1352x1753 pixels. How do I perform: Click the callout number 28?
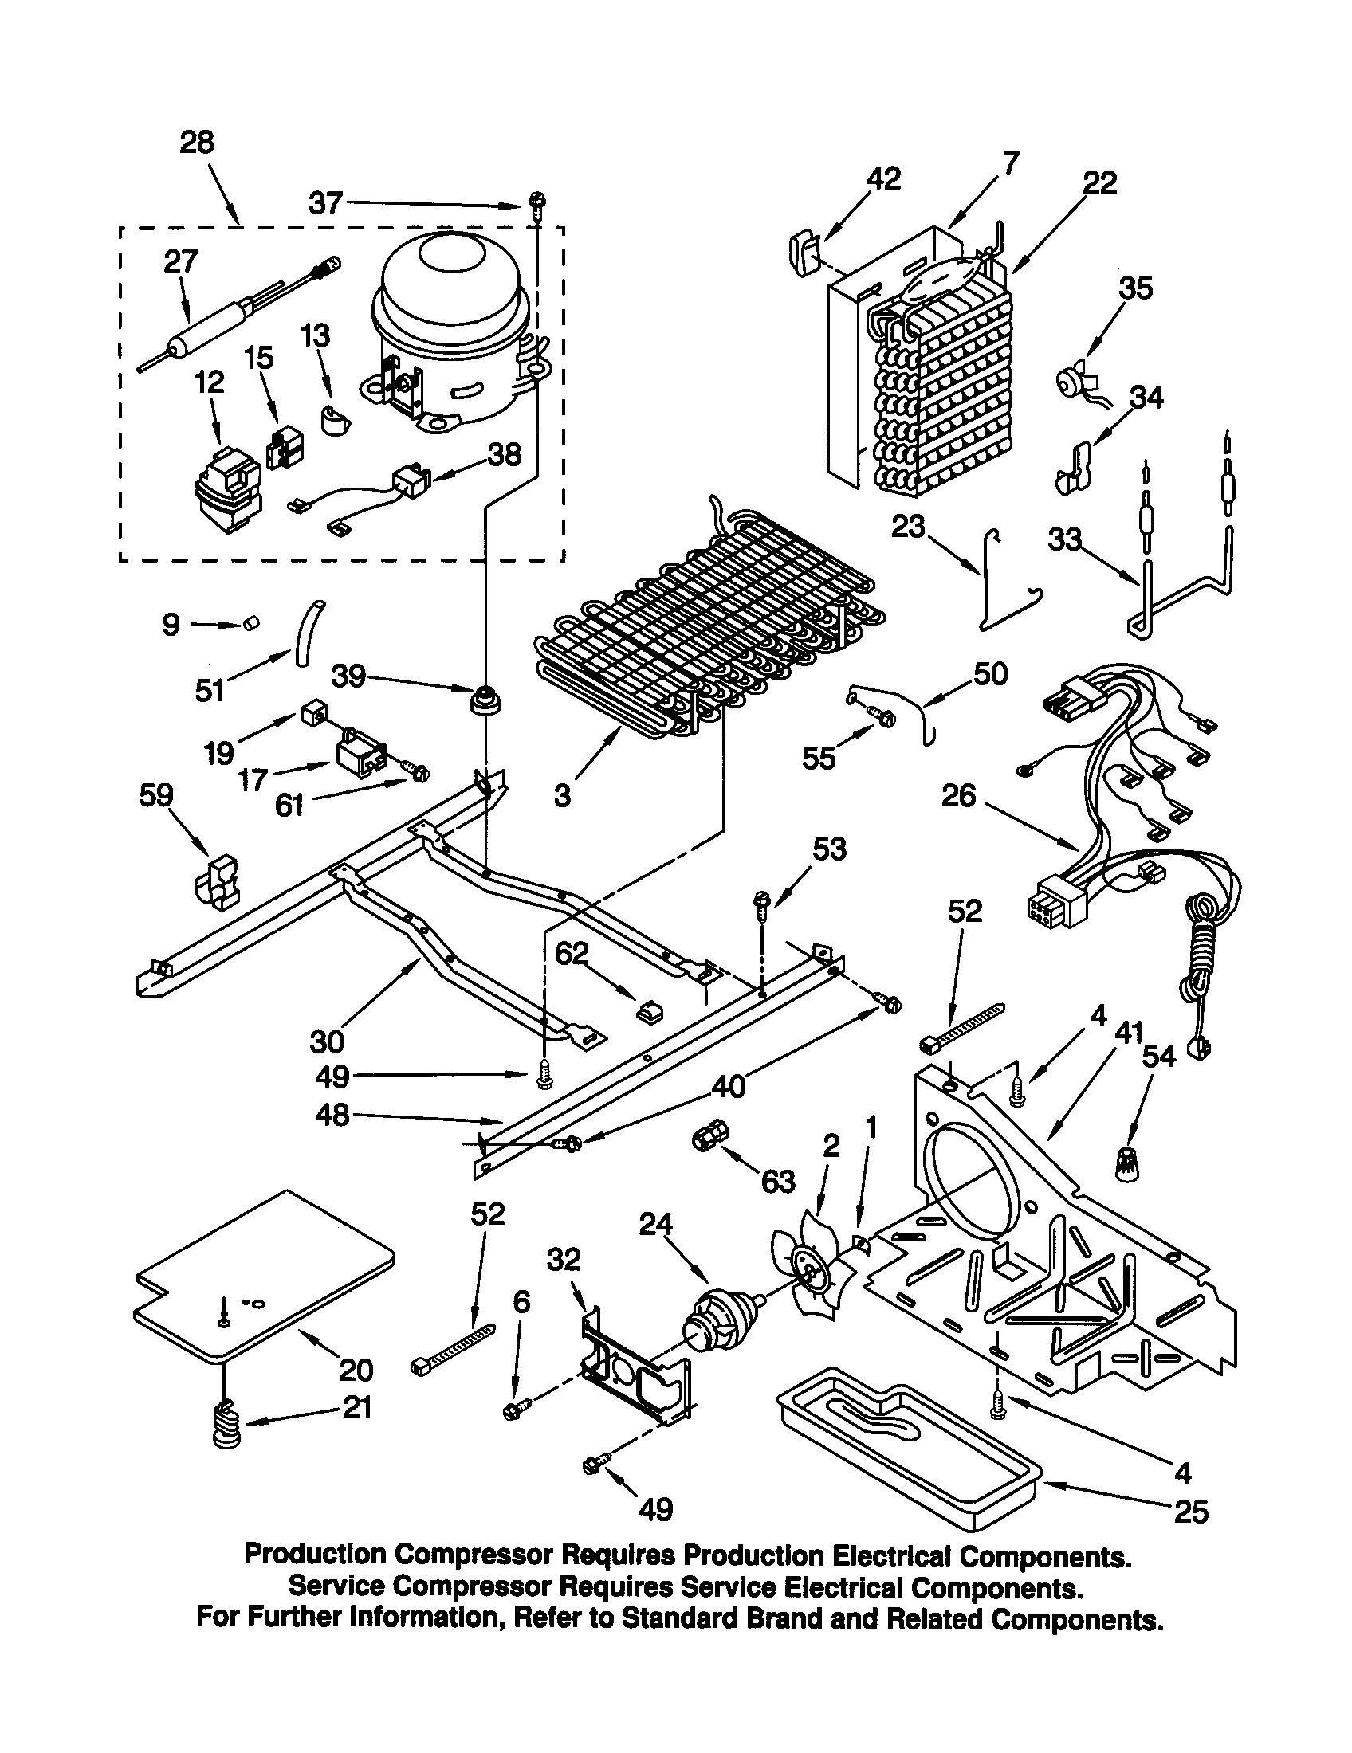197,143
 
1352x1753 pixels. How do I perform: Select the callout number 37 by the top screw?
326,203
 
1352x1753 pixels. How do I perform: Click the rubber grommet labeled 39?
485,700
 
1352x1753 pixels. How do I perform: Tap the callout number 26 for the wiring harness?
959,796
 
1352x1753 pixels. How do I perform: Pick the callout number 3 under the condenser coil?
562,795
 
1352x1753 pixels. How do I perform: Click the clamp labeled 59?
215,882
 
